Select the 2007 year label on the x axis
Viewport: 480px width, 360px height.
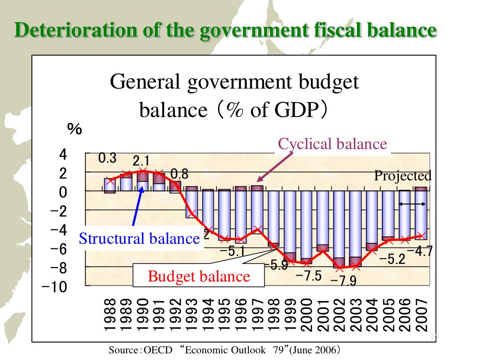tap(421, 315)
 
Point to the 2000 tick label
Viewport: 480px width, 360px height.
tap(307, 315)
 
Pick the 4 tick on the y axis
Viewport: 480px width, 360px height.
tap(63, 155)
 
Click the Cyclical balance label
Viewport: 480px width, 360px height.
tap(332, 144)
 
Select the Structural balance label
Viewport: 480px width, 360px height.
tap(139, 239)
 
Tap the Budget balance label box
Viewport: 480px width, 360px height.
tap(199, 276)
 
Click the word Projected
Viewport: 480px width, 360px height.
tap(402, 176)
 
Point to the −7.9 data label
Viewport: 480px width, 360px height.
tap(344, 281)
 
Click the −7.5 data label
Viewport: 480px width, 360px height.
tap(308, 276)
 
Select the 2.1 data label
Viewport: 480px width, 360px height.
tap(141, 162)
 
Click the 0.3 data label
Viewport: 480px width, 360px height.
tap(107, 158)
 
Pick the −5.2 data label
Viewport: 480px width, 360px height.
tap(392, 259)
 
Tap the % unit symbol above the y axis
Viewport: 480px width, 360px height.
tap(75, 129)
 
